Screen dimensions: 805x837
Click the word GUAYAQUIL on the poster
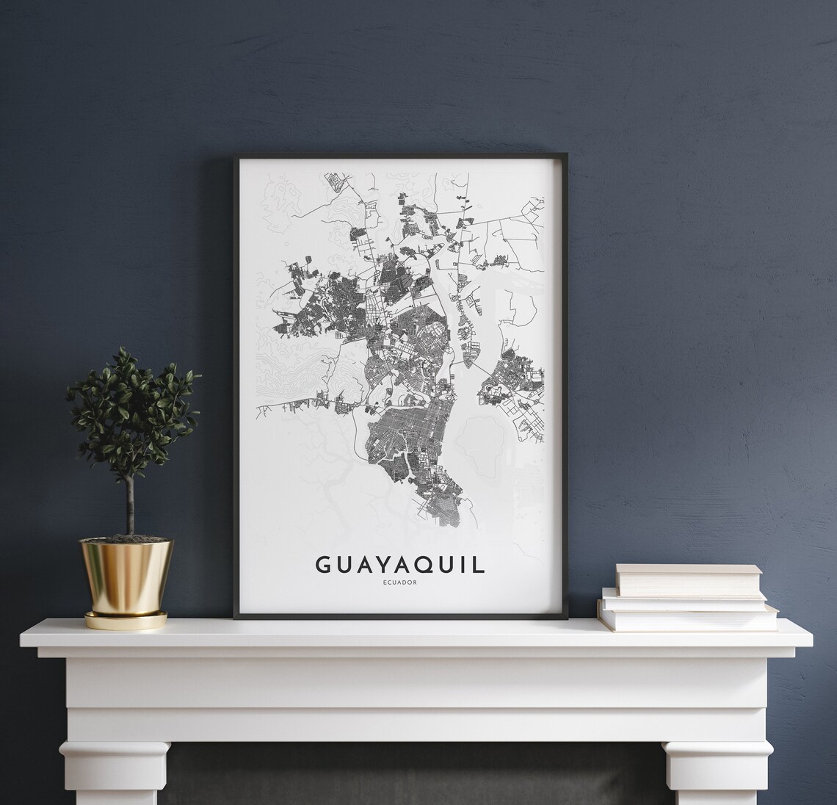pyautogui.click(x=400, y=564)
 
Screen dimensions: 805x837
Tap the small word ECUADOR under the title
pyautogui.click(x=400, y=585)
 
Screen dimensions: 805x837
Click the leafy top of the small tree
pyautogui.click(x=132, y=411)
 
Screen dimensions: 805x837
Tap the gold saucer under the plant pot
pyautogui.click(x=126, y=621)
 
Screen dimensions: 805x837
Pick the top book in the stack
pyautogui.click(x=679, y=580)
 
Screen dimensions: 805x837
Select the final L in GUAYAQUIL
pyautogui.click(x=479, y=564)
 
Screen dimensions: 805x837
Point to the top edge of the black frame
pyautogui.click(x=400, y=156)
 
